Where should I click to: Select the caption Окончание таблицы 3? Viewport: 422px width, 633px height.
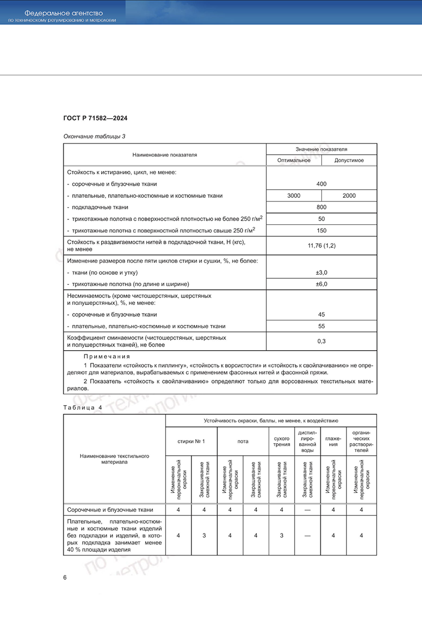pos(94,137)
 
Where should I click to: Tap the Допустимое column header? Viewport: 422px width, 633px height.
pos(349,160)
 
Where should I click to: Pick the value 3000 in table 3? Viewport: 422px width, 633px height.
pos(294,196)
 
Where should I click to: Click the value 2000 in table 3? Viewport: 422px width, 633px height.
pos(349,196)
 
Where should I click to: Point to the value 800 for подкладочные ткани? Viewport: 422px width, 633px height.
pos(321,207)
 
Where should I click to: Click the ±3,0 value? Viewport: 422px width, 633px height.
pos(321,272)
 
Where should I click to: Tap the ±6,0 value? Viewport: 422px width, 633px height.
pos(321,284)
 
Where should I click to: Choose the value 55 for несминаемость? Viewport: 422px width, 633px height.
pos(321,326)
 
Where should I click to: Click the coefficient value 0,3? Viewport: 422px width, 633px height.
pos(321,341)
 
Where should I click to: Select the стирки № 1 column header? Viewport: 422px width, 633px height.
pos(191,441)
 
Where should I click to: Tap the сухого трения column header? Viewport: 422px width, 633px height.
pos(281,441)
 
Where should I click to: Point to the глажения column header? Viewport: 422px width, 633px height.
pos(333,441)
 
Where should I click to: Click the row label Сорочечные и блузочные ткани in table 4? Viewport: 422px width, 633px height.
pos(110,510)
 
